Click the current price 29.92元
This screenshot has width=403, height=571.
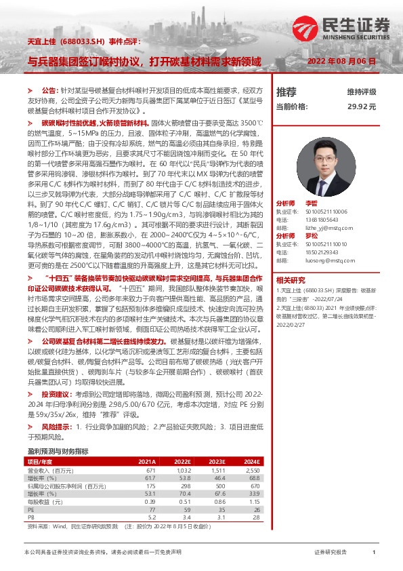362,106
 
